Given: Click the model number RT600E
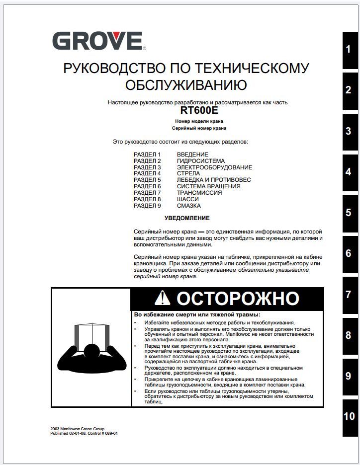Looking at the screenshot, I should click(199, 111).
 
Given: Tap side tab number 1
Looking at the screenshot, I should click(349, 50).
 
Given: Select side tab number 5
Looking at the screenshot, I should click(349, 213).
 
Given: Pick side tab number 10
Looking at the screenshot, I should click(349, 416).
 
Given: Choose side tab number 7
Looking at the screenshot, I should click(349, 295).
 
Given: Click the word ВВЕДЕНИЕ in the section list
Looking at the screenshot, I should click(192, 155).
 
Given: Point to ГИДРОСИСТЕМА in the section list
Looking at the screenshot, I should click(200, 161).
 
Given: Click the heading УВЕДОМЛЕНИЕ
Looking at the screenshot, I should click(187, 218).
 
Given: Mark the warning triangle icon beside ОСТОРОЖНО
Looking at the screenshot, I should click(163, 298).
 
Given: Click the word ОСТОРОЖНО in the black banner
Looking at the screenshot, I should click(238, 299).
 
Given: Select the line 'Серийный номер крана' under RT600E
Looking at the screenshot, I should click(199, 128).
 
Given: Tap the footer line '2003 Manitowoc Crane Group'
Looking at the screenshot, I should click(77, 428).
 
